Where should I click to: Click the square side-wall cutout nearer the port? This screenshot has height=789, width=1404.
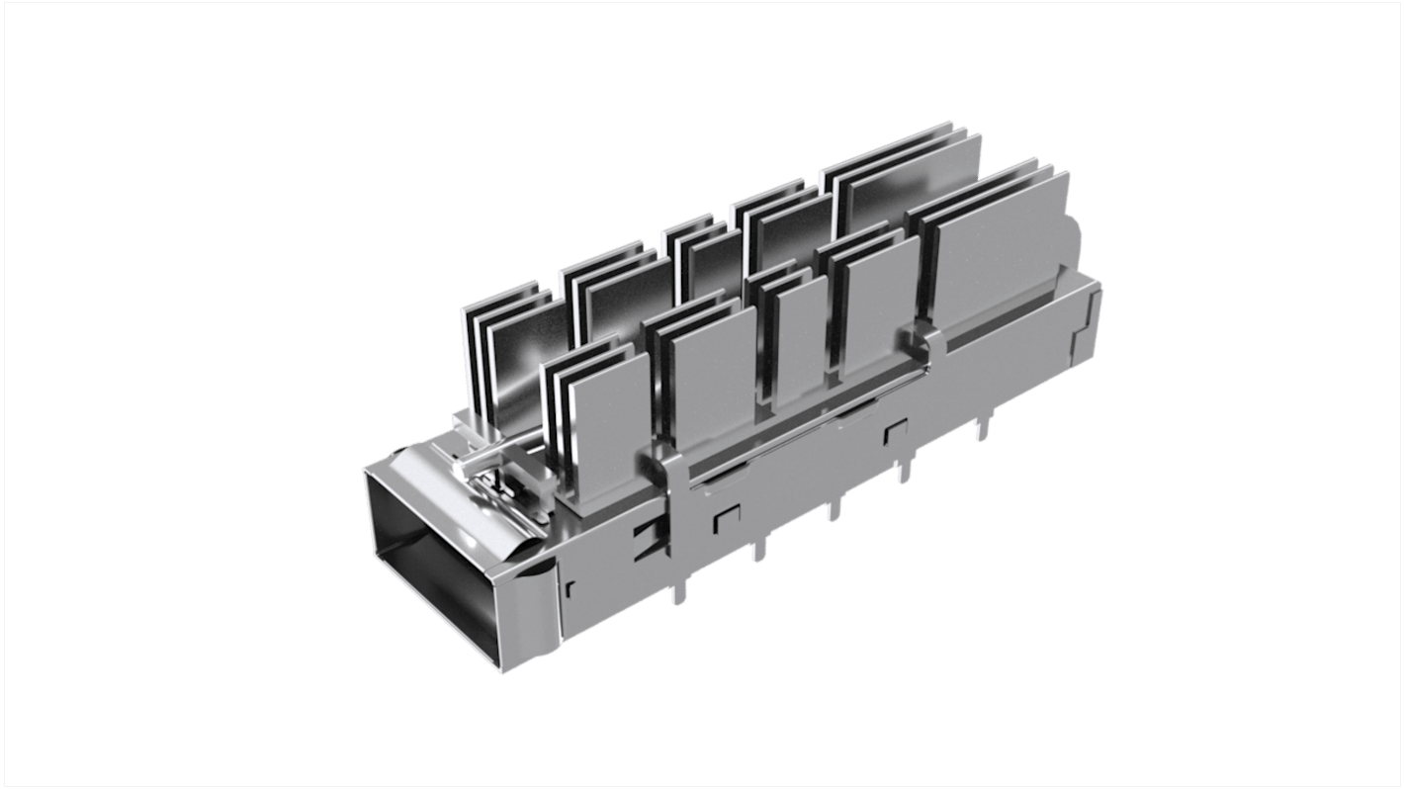(727, 514)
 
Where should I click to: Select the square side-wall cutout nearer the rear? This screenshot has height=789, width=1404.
(896, 431)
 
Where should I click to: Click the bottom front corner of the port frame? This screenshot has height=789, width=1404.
(501, 673)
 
